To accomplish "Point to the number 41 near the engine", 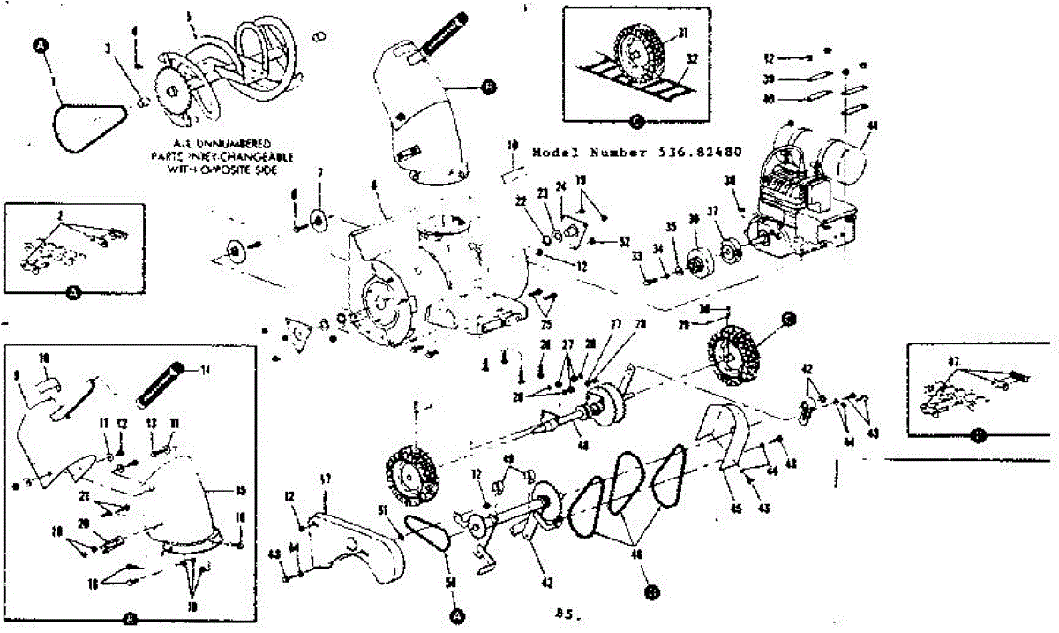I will click(x=873, y=126).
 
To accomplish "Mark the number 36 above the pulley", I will click(x=694, y=221).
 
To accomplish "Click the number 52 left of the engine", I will click(x=625, y=241).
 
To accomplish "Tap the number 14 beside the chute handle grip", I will click(x=205, y=370).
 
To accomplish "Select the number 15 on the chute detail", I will click(x=241, y=491).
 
